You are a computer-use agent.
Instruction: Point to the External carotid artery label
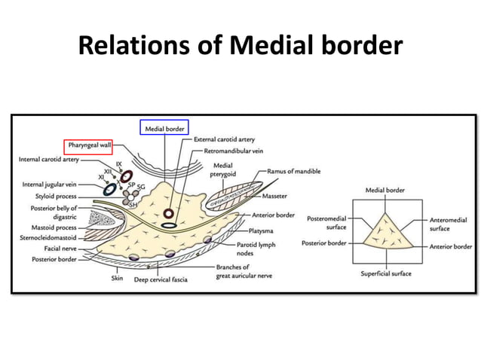click(x=225, y=140)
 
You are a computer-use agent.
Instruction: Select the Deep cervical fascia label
click(x=161, y=279)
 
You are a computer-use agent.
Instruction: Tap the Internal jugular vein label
click(x=50, y=185)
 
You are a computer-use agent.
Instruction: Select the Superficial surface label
click(x=386, y=273)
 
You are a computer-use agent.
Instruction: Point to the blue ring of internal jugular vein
click(x=109, y=188)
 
